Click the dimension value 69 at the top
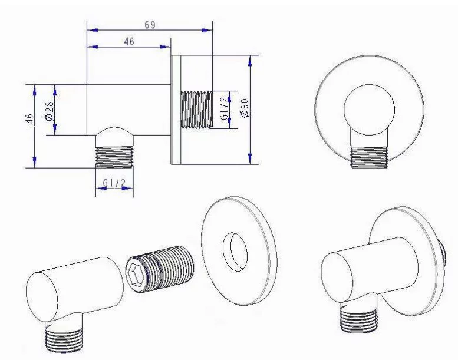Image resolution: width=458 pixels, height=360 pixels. pos(150,25)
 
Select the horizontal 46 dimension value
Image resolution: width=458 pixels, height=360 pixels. pos(129,41)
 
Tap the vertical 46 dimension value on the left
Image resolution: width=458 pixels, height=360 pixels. pos(29,118)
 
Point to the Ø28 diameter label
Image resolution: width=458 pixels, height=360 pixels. pos(50,111)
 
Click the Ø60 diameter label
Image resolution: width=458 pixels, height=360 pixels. pos(245,108)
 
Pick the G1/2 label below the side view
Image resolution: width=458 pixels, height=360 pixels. pos(114,183)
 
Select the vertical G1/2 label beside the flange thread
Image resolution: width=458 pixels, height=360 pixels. pos(225,108)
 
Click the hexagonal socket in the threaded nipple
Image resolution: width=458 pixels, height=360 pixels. pos(136,275)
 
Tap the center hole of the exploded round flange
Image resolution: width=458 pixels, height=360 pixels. pos(235,252)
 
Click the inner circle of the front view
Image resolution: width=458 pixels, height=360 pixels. pos(369,110)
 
